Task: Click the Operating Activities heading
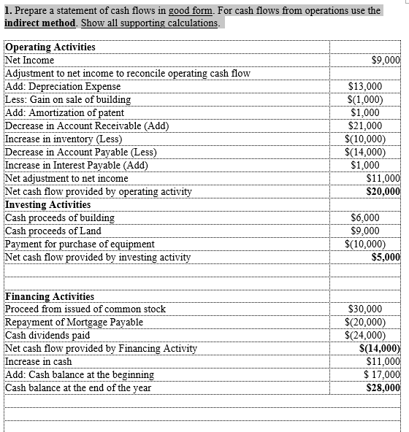50,47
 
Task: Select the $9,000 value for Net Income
386,60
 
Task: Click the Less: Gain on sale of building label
68,99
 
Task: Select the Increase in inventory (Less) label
63,139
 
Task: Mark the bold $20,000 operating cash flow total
383,191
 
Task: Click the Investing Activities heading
47,204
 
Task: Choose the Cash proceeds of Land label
53,231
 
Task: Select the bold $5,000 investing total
386,257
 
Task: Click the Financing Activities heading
50,296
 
